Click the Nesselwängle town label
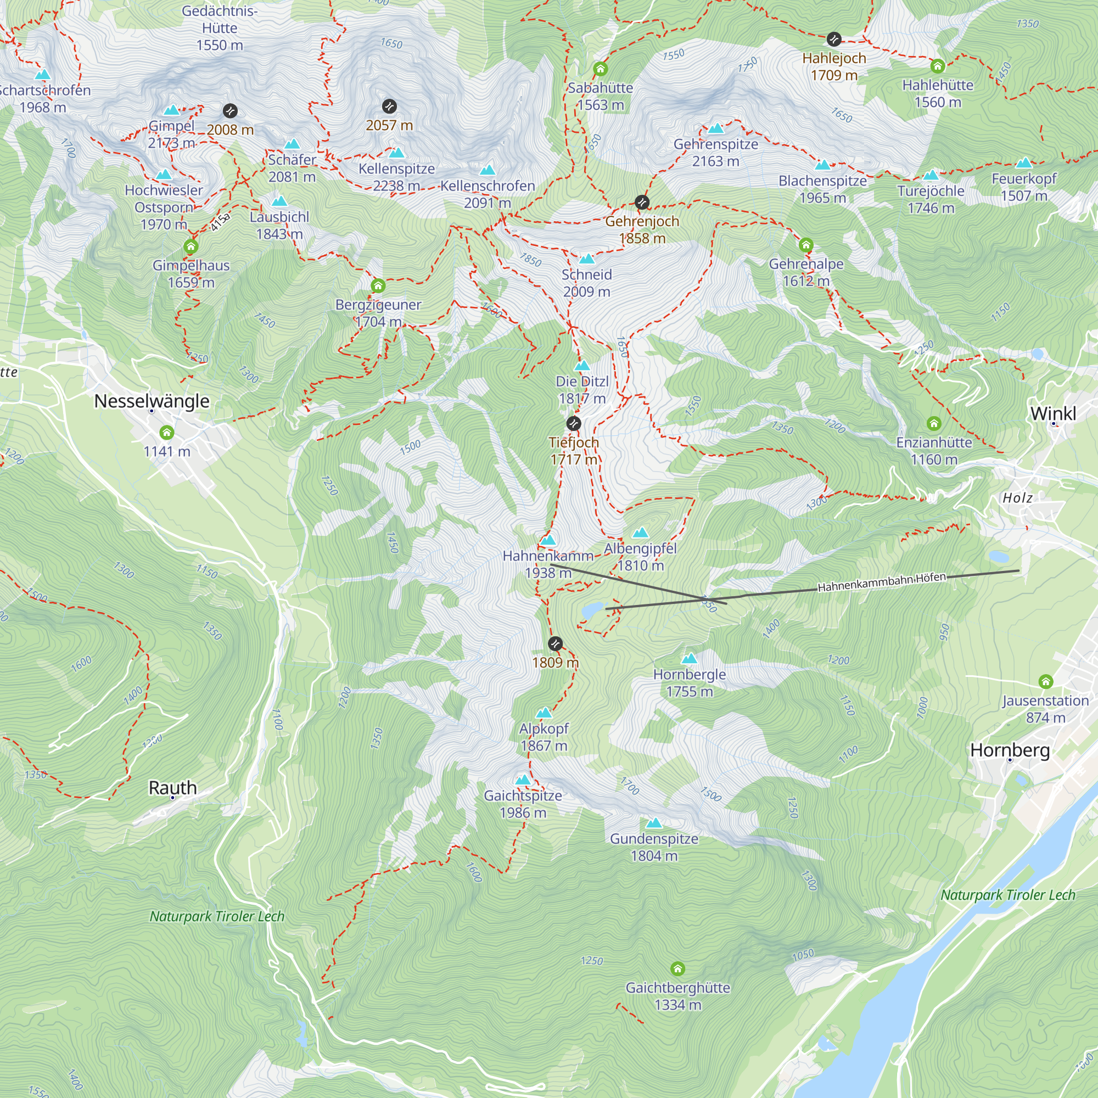pyautogui.click(x=152, y=401)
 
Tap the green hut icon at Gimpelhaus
pyautogui.click(x=191, y=247)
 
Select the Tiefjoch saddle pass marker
pyautogui.click(x=574, y=423)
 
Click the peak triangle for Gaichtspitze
pyautogui.click(x=523, y=780)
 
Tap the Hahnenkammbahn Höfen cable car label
pyautogui.click(x=882, y=582)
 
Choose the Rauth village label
pyautogui.click(x=173, y=788)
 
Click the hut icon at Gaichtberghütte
pyautogui.click(x=677, y=968)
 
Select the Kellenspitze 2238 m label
pyautogui.click(x=397, y=177)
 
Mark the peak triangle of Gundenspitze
pyautogui.click(x=654, y=823)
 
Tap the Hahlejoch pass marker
pyautogui.click(x=834, y=39)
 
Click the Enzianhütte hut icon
pyautogui.click(x=934, y=423)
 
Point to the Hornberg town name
pyautogui.click(x=1010, y=750)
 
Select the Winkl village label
pyautogui.click(x=1053, y=414)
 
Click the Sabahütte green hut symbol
pyautogui.click(x=601, y=69)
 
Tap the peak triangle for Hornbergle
pyautogui.click(x=690, y=659)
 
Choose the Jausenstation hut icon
pyautogui.click(x=1046, y=681)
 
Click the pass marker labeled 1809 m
pyautogui.click(x=555, y=644)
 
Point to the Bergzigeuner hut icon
pyautogui.click(x=378, y=286)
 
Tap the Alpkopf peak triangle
pyautogui.click(x=544, y=713)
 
